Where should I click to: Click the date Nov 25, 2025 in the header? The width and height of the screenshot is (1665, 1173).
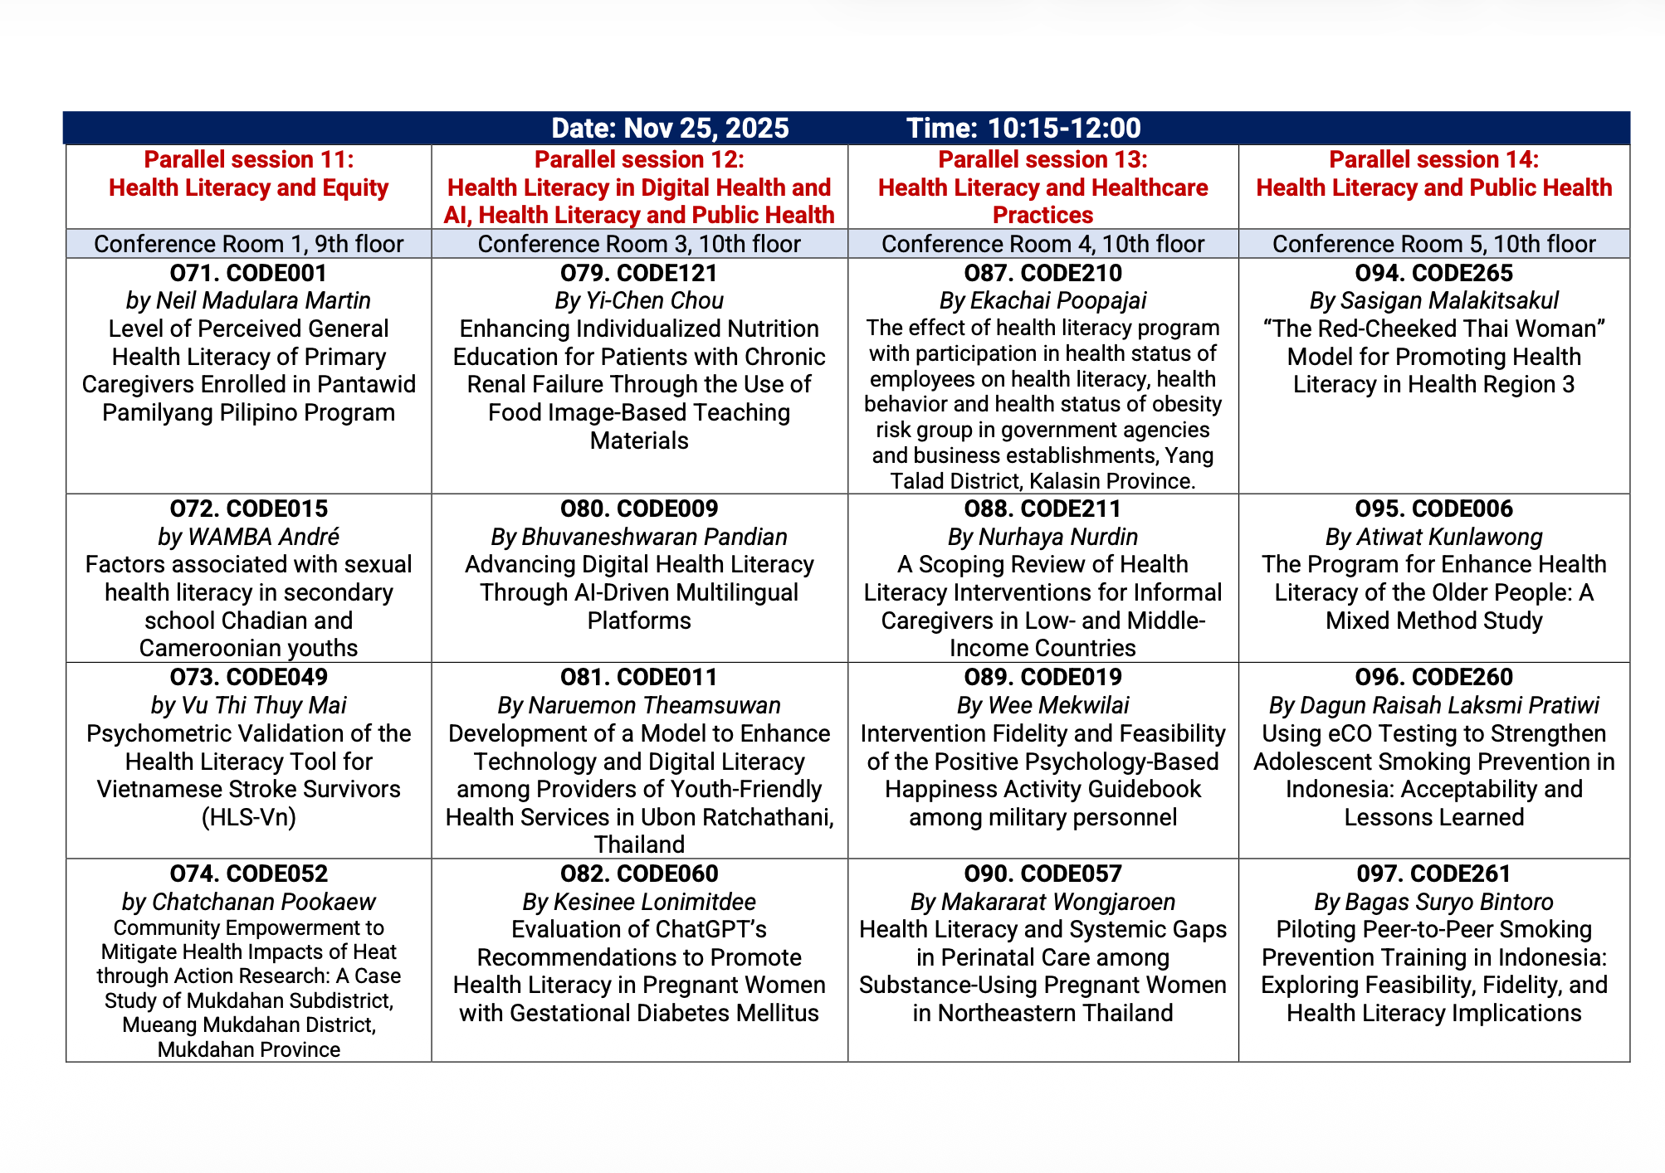point(706,128)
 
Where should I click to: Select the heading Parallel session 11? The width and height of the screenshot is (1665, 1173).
point(248,159)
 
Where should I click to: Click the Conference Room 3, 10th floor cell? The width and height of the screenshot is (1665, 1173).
point(639,244)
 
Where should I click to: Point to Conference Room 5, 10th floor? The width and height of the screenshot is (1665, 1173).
point(1433,244)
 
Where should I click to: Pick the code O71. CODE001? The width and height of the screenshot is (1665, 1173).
point(248,273)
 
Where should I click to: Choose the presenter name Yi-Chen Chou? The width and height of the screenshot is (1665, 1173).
point(655,300)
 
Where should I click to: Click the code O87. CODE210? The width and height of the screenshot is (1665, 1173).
point(1042,273)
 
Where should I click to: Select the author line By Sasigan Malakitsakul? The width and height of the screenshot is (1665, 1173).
point(1433,300)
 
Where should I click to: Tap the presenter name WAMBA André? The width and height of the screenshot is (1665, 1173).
point(264,537)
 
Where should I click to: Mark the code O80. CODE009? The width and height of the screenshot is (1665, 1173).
point(639,509)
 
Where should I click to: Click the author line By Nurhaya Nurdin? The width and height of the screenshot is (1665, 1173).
point(1042,537)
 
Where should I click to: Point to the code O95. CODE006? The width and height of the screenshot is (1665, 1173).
point(1433,509)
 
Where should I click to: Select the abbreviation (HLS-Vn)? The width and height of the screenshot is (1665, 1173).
point(248,817)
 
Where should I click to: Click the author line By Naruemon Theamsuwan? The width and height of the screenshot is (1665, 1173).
point(639,705)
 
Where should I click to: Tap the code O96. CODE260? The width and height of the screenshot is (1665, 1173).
point(1433,677)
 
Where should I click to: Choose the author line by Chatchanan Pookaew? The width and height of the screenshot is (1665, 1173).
point(248,902)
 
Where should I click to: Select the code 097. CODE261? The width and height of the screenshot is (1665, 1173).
point(1433,874)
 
